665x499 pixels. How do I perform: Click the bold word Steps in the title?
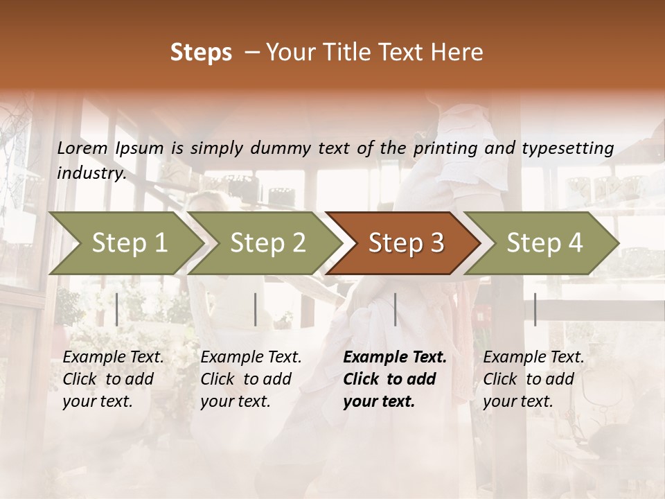pos(201,52)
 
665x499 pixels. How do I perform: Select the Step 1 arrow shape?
pos(129,243)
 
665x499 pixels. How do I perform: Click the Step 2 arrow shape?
pos(267,243)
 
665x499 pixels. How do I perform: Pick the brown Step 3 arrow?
pos(405,243)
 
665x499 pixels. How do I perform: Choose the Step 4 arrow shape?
pos(544,243)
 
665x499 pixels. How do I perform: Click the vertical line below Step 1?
pos(116,309)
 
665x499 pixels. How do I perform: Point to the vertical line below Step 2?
pos(256,309)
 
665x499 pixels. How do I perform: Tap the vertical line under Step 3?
pos(396,309)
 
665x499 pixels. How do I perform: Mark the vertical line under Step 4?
pos(535,309)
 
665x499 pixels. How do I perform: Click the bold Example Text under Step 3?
pos(395,358)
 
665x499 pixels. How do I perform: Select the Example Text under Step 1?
pos(113,358)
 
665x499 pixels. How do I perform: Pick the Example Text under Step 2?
pos(251,358)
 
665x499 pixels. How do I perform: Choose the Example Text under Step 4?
pos(533,358)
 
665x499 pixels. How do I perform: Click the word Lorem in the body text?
pos(82,148)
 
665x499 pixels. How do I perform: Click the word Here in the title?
pos(460,52)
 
